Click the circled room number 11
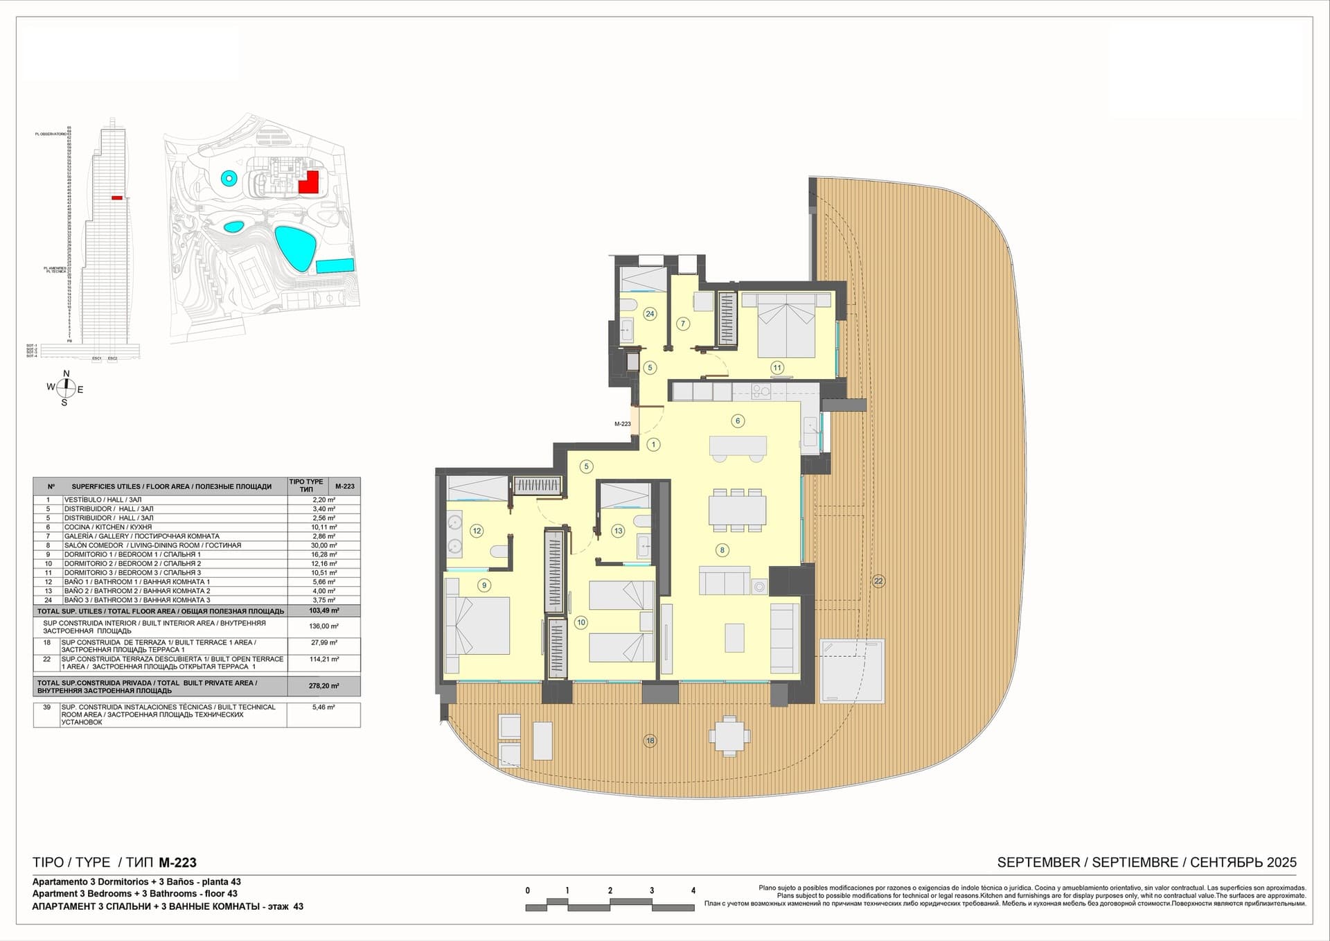[x=777, y=368]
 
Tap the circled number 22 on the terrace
[x=878, y=581]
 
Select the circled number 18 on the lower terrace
[x=650, y=741]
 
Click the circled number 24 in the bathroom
[x=650, y=314]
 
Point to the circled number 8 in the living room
[x=722, y=550]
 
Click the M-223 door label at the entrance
[x=622, y=423]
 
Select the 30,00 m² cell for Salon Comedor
[x=323, y=545]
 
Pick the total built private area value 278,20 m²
[x=323, y=686]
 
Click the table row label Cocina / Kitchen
[x=107, y=527]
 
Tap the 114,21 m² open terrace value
[x=323, y=660]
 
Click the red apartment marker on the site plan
[x=308, y=182]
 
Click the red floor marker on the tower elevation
[x=117, y=198]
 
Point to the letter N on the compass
[x=66, y=374]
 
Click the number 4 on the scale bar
[x=693, y=890]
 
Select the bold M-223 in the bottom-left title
[x=177, y=863]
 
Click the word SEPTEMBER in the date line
[x=1038, y=863]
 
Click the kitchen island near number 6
[x=738, y=445]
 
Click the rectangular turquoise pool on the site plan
[x=336, y=265]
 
